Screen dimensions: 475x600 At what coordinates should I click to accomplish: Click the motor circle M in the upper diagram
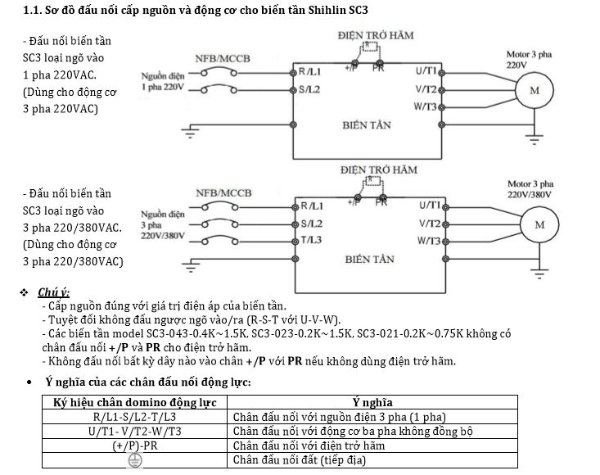(535, 90)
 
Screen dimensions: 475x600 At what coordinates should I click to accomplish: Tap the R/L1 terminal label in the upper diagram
(312, 72)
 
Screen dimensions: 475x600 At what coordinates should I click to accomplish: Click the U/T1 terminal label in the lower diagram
(429, 206)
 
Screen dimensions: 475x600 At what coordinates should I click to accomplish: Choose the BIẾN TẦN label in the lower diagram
(369, 259)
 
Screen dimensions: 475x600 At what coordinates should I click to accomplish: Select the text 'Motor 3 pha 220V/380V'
(530, 189)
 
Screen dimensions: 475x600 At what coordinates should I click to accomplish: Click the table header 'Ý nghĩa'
(372, 402)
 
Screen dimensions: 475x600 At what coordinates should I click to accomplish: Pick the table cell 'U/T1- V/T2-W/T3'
(134, 431)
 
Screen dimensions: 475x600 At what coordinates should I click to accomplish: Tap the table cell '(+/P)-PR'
(134, 446)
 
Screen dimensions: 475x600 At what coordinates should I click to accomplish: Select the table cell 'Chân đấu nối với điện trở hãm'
(309, 446)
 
